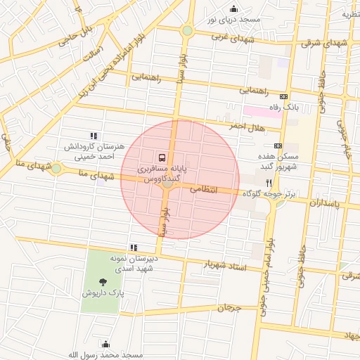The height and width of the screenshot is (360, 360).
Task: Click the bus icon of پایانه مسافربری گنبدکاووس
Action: (162, 157)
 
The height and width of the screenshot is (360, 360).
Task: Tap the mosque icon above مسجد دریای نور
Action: (233, 8)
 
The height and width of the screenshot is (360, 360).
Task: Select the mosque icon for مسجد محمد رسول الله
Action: (105, 344)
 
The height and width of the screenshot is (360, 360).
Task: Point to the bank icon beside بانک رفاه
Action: (283, 96)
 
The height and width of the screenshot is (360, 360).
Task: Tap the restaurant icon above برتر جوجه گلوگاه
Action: (269, 181)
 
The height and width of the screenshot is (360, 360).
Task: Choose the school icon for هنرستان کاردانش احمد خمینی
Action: (92, 136)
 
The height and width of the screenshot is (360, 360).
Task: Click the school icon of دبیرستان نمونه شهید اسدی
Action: (134, 247)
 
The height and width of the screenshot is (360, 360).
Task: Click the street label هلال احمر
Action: (245, 125)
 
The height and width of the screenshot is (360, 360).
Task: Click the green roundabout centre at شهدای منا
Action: (56, 168)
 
